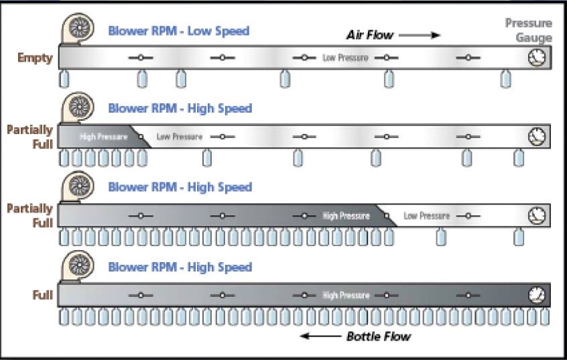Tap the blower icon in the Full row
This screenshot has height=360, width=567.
[77, 267]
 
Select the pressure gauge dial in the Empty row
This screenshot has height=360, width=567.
[537, 58]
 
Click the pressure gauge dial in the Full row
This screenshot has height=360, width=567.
[537, 294]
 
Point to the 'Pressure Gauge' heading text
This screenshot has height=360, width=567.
[529, 30]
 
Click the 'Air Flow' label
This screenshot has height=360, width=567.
[369, 35]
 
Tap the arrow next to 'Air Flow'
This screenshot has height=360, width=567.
[426, 35]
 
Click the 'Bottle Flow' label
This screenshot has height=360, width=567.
[379, 337]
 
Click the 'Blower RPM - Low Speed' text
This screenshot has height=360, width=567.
[179, 31]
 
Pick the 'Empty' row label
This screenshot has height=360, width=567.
[36, 58]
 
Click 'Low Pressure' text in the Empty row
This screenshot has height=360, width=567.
[345, 58]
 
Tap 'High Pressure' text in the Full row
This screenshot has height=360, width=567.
[346, 295]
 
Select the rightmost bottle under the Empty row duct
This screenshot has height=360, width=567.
[506, 79]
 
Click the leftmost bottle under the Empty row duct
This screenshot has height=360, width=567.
[64, 79]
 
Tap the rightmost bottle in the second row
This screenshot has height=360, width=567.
[518, 158]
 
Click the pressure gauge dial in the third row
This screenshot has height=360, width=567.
[537, 215]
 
